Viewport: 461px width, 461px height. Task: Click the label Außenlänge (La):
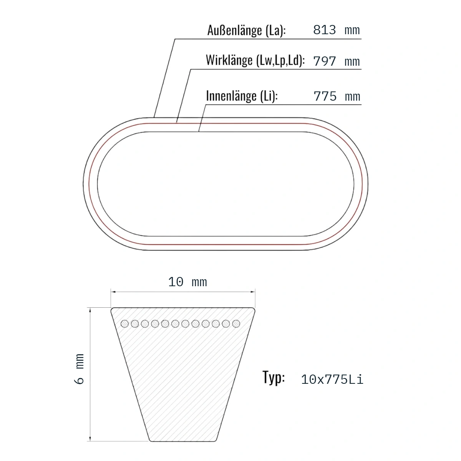(246, 31)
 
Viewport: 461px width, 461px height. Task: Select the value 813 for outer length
(324, 30)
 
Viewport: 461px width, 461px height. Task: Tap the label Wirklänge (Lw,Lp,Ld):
(255, 60)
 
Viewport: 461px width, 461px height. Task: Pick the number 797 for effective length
(324, 61)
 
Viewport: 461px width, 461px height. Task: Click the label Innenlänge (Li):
(242, 96)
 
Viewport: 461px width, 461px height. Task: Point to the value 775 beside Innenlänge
(325, 96)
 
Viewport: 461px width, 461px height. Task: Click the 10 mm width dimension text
(187, 282)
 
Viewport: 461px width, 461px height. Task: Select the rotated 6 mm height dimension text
(79, 369)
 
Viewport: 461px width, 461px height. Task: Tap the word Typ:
(274, 378)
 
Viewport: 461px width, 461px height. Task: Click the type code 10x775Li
(332, 380)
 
